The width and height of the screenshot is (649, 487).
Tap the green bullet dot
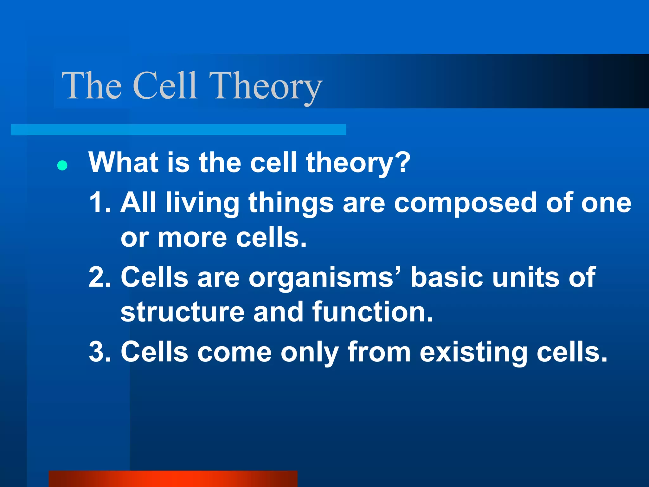coord(62,166)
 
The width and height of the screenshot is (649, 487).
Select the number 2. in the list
coord(100,277)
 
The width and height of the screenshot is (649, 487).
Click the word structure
coord(183,312)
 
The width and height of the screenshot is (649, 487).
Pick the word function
coord(372,312)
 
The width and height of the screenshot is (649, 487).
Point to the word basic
coord(447,277)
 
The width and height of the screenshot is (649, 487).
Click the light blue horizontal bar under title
coord(178,130)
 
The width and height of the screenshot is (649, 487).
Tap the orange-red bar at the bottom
coord(173,479)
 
